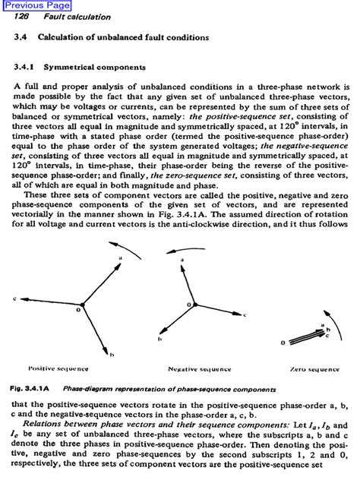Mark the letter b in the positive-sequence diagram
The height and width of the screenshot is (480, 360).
[x=112, y=354]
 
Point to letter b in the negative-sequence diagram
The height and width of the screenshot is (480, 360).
[x=159, y=339]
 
